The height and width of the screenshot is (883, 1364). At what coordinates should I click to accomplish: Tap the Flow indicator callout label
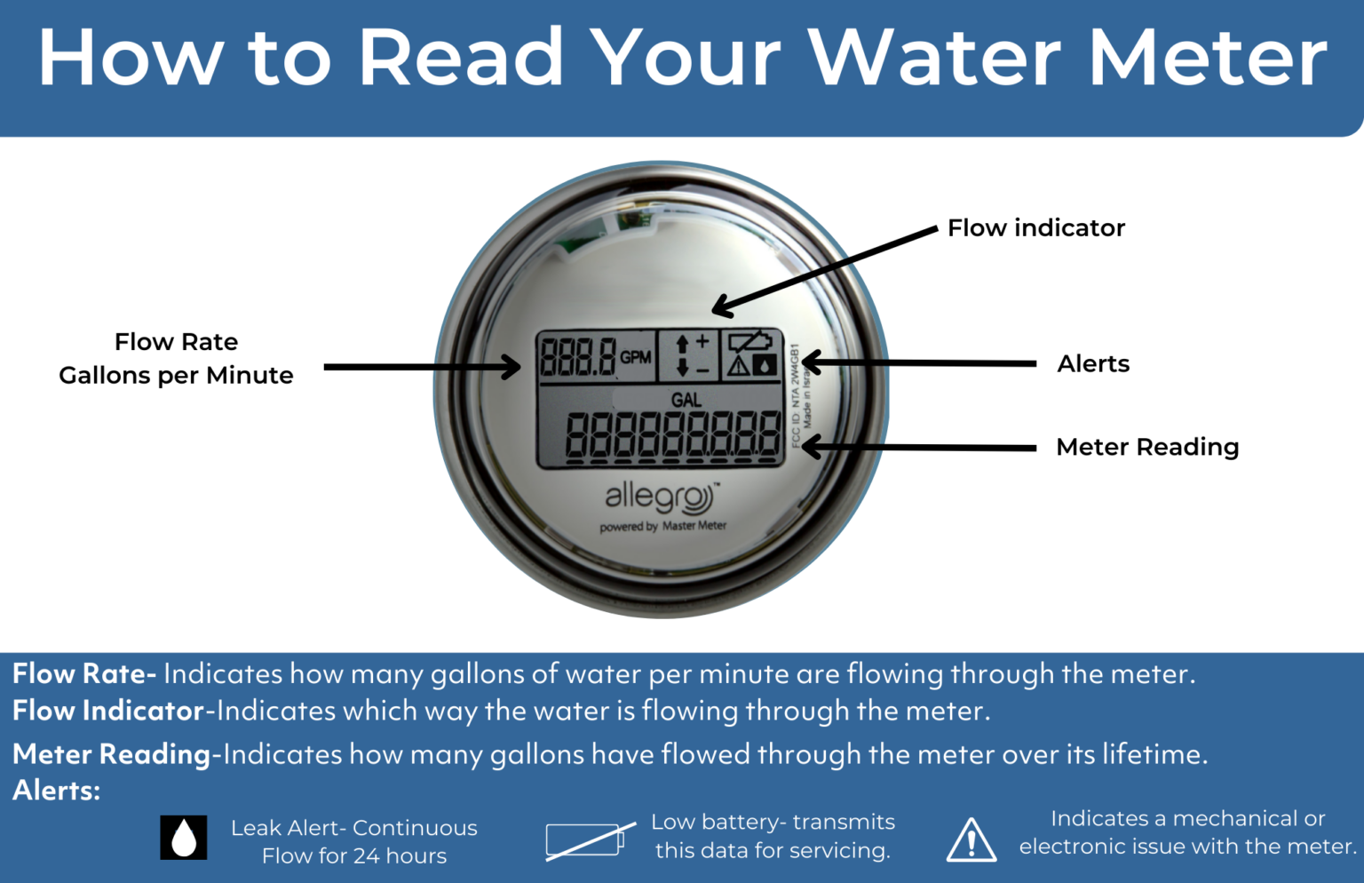click(1035, 228)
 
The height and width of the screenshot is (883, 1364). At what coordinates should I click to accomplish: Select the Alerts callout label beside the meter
click(1093, 364)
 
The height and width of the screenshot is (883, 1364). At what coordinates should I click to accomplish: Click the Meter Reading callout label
click(1147, 447)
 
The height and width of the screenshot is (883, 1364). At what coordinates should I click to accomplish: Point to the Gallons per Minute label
click(176, 376)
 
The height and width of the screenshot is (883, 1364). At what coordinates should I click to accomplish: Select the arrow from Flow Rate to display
click(422, 367)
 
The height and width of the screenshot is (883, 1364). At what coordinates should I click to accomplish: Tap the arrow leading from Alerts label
click(919, 363)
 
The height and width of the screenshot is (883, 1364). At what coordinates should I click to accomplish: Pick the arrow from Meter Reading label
click(919, 447)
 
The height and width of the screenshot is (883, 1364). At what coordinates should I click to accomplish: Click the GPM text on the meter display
click(636, 357)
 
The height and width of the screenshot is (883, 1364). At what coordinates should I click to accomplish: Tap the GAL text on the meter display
click(686, 401)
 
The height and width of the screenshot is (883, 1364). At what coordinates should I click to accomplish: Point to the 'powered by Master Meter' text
click(662, 526)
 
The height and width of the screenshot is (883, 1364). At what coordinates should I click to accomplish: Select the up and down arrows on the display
click(683, 355)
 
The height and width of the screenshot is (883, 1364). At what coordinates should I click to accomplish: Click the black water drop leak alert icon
click(184, 837)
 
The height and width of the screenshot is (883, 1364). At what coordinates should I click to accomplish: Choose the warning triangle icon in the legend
click(971, 840)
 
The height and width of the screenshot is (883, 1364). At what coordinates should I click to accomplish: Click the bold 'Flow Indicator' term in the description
click(108, 712)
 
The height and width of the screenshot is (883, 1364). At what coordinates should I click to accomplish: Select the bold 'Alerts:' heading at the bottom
click(57, 791)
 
